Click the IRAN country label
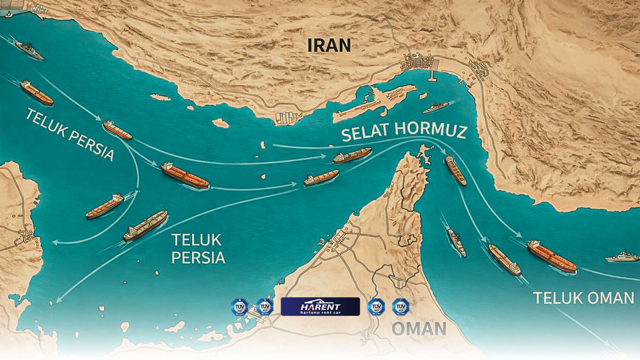tap(329, 45)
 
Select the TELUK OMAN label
tap(583, 298)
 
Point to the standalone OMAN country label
tap(418, 329)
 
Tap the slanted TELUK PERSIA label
tap(70, 134)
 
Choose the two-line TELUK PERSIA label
tap(198, 248)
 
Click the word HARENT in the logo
tap(320, 303)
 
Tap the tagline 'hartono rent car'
tap(320, 311)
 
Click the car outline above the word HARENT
tap(320, 300)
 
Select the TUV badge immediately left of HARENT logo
tap(265, 307)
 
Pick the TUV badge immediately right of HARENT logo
tap(376, 307)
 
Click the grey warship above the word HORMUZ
tap(435, 107)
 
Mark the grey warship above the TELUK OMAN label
tap(622, 256)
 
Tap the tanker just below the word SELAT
tap(352, 155)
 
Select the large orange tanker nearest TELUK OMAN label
tap(552, 256)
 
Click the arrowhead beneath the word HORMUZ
tap(445, 151)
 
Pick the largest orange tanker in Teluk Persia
tap(185, 176)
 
